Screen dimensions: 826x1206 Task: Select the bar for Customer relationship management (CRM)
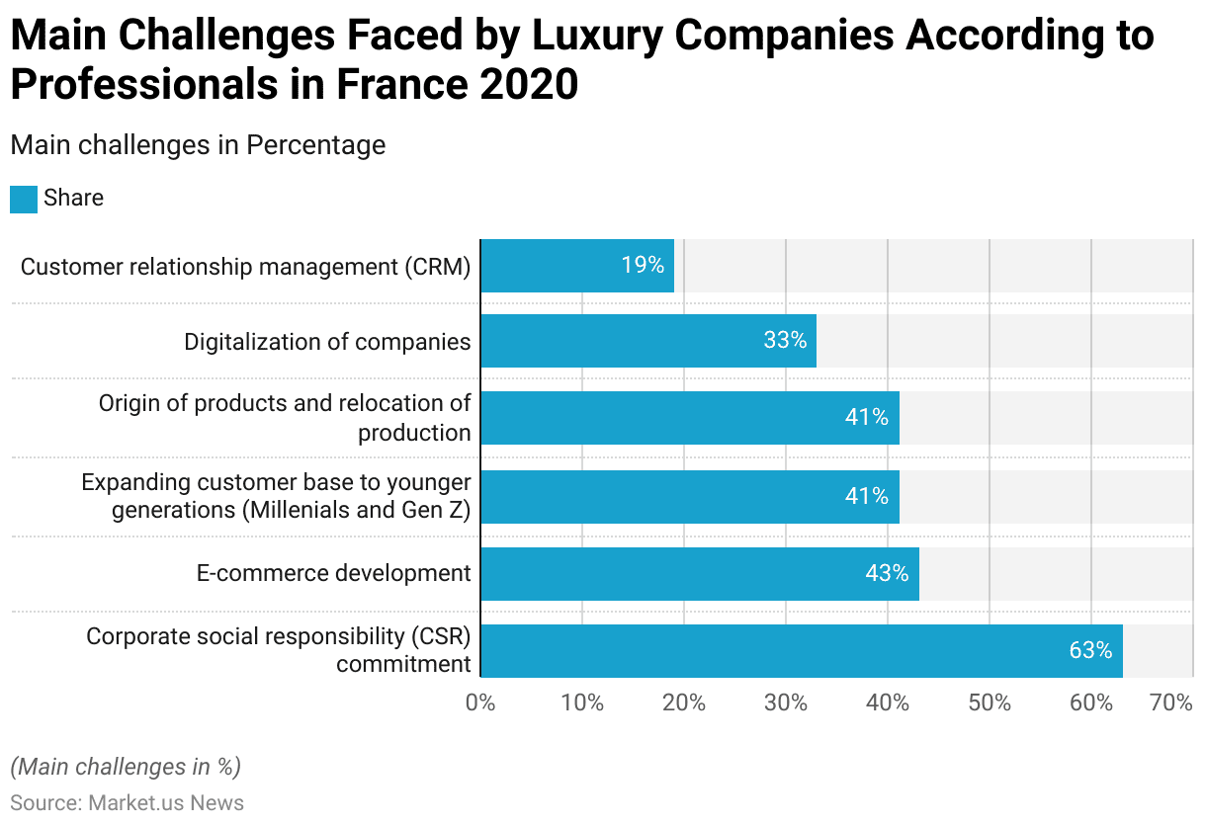tap(577, 266)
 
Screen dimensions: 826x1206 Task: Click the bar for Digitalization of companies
tap(648, 341)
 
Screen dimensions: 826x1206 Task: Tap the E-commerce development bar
tap(700, 573)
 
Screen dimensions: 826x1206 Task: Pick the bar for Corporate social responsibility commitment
tap(801, 650)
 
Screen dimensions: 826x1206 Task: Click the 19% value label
tap(643, 266)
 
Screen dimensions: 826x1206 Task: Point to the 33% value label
tap(785, 341)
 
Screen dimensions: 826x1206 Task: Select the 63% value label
tap(1090, 650)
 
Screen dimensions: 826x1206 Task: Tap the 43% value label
tap(887, 573)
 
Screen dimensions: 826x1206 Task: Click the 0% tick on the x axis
tap(480, 703)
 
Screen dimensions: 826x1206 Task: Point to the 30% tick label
tap(786, 703)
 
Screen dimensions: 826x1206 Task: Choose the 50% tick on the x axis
tap(990, 703)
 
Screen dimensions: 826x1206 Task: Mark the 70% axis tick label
tap(1171, 703)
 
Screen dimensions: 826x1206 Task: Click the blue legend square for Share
tap(24, 199)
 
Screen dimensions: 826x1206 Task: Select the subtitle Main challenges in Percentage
tap(198, 145)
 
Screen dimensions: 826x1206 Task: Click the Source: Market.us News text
tap(127, 802)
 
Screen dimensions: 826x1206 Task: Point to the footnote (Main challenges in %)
tap(126, 767)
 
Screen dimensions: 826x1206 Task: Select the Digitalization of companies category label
tap(327, 342)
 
